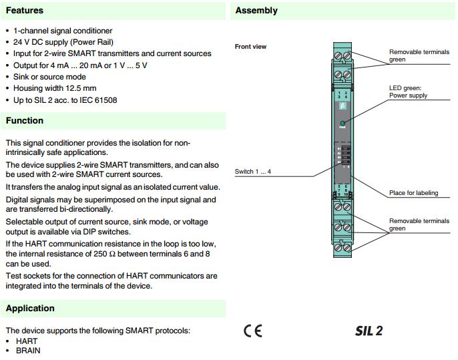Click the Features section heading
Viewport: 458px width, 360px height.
(x=25, y=11)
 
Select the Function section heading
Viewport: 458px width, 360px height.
(x=25, y=121)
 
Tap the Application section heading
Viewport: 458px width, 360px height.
(x=30, y=309)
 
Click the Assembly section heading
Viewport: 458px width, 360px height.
(x=256, y=11)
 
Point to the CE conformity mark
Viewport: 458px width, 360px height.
(x=253, y=331)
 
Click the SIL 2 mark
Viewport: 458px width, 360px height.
(x=369, y=331)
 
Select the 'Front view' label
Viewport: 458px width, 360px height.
(x=250, y=47)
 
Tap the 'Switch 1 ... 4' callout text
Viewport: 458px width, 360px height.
(x=253, y=172)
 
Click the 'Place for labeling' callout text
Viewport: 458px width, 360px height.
(x=413, y=193)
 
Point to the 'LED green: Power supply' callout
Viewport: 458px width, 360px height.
(x=408, y=92)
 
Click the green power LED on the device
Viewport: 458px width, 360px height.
(x=342, y=124)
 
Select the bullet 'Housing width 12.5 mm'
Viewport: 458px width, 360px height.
(x=55, y=88)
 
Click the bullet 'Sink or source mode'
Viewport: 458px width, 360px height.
(x=49, y=77)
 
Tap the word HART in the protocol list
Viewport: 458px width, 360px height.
(x=27, y=341)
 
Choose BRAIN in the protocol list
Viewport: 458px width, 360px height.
(x=28, y=351)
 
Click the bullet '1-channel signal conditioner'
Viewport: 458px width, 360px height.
(x=63, y=31)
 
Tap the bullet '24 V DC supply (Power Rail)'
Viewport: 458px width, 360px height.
(x=67, y=42)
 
